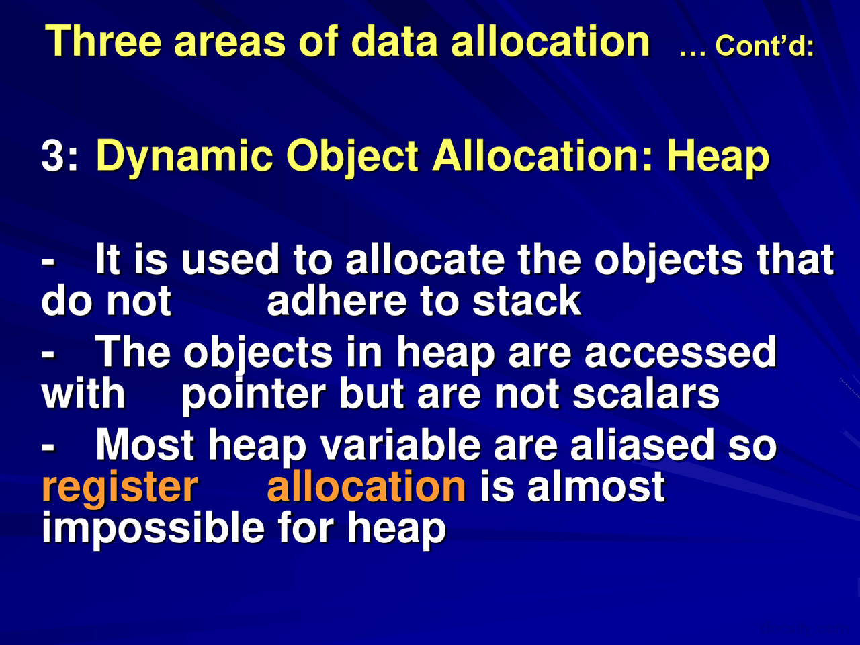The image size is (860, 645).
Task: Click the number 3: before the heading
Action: click(60, 157)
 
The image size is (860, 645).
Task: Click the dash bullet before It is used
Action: click(48, 260)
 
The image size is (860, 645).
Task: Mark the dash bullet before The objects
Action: click(48, 353)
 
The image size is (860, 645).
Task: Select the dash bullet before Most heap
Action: click(48, 445)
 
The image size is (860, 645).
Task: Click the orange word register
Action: click(120, 487)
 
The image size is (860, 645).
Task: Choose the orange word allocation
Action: click(366, 487)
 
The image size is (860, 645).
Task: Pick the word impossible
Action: click(153, 528)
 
